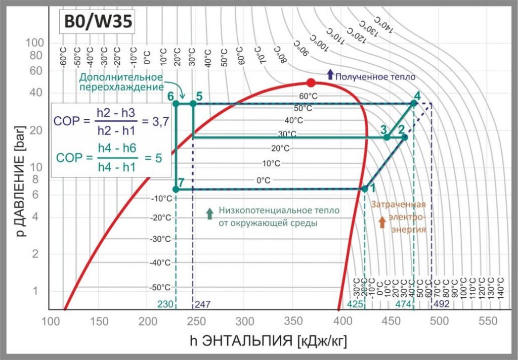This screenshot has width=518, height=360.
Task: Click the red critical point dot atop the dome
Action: pyautogui.click(x=311, y=83)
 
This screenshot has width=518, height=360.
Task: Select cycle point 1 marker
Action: pyautogui.click(x=364, y=189)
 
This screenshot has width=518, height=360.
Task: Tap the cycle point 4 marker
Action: pyautogui.click(x=413, y=103)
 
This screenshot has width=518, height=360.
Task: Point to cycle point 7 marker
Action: pyautogui.click(x=176, y=189)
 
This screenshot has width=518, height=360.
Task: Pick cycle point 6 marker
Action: pyautogui.click(x=176, y=103)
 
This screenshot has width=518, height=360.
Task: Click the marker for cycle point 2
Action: pyautogui.click(x=405, y=137)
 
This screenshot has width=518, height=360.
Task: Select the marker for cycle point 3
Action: pyautogui.click(x=387, y=137)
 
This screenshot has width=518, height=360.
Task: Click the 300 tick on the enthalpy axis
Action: pyautogui.click(x=245, y=321)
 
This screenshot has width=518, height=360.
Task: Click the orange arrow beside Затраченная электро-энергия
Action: pyautogui.click(x=382, y=220)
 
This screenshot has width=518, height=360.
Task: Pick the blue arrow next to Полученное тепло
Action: pyautogui.click(x=330, y=74)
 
